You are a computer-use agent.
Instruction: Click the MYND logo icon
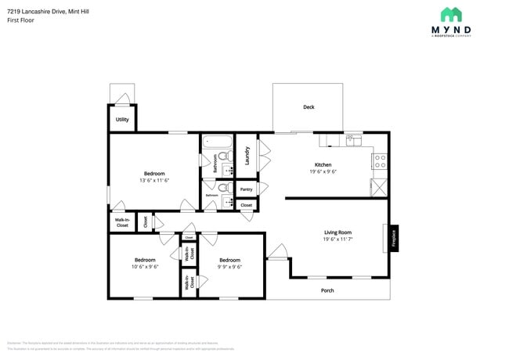click(x=450, y=14)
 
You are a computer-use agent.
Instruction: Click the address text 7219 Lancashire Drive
click(x=36, y=11)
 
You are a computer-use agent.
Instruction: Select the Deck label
click(x=309, y=107)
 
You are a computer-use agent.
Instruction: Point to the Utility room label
click(x=122, y=120)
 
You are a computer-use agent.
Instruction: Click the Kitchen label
click(x=323, y=165)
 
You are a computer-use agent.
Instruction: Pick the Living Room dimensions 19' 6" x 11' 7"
click(x=338, y=239)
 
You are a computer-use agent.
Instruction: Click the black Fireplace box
click(x=393, y=237)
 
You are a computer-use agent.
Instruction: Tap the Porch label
click(x=327, y=290)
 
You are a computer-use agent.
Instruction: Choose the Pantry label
click(x=246, y=189)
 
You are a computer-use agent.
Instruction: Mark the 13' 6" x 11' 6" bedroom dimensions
click(x=153, y=180)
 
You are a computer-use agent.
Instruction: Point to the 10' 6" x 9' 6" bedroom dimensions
click(x=145, y=267)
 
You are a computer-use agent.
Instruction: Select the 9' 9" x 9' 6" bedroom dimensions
click(x=229, y=267)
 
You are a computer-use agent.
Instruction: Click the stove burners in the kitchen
click(x=379, y=161)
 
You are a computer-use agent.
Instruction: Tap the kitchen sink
click(x=352, y=141)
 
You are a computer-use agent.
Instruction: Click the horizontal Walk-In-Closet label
click(x=122, y=222)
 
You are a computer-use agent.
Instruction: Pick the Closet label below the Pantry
click(x=246, y=205)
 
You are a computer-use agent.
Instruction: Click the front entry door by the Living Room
click(x=277, y=252)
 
